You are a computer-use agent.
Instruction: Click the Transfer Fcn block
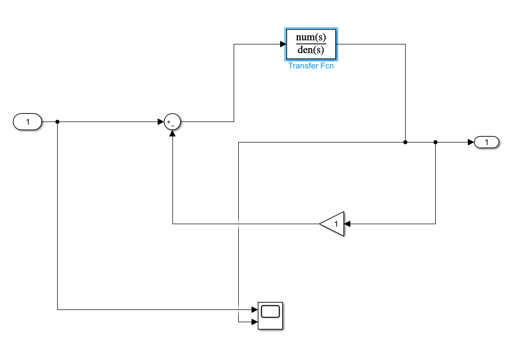click(311, 44)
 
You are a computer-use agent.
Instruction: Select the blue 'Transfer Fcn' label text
click(311, 66)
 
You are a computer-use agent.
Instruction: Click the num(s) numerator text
click(311, 37)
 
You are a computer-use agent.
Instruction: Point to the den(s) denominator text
click(311, 51)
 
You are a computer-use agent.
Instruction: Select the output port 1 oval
click(487, 142)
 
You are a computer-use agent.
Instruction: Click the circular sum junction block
click(172, 122)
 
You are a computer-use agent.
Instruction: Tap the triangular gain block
click(333, 224)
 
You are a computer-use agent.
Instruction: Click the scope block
click(270, 316)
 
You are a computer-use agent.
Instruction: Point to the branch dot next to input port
click(57, 122)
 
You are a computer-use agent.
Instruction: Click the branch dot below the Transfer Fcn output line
click(405, 142)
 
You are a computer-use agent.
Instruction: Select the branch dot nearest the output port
click(435, 142)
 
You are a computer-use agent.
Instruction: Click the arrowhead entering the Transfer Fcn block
click(282, 44)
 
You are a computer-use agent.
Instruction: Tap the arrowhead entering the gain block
click(347, 224)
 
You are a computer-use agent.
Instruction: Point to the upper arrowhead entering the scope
click(254, 309)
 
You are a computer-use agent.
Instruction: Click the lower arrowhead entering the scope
click(254, 322)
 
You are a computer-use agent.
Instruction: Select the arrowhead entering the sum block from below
click(172, 134)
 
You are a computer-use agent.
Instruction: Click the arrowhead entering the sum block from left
click(161, 122)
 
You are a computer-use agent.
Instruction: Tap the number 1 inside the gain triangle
click(336, 224)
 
